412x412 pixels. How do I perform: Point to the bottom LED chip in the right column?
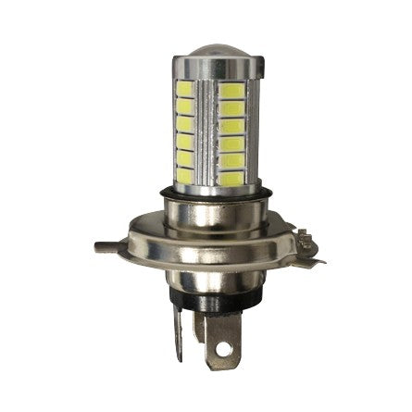231,172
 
